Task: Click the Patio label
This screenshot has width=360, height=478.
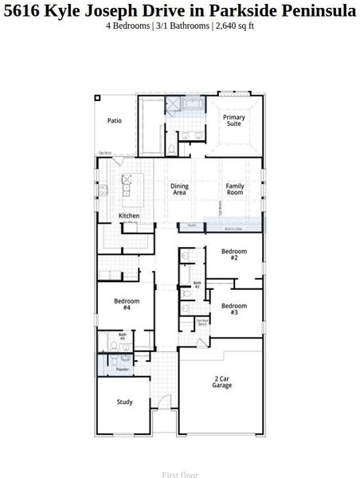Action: click(x=115, y=121)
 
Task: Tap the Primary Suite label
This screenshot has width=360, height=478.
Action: click(x=233, y=121)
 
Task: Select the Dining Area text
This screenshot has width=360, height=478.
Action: click(x=179, y=190)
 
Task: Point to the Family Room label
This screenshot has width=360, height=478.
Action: click(x=234, y=190)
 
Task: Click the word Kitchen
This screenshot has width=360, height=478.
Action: click(x=129, y=216)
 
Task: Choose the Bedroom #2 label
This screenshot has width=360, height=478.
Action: click(x=234, y=255)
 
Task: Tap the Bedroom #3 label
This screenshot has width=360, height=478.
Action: click(x=234, y=310)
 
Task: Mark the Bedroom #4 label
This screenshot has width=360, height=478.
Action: click(x=127, y=304)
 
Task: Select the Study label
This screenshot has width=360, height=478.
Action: click(x=124, y=402)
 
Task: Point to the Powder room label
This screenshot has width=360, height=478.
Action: click(x=122, y=369)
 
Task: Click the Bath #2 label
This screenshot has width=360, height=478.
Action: click(x=197, y=284)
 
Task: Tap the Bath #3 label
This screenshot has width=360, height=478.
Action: click(x=123, y=336)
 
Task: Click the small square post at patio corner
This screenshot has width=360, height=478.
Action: click(x=98, y=98)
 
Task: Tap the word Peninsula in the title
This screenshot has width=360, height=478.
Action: click(x=316, y=10)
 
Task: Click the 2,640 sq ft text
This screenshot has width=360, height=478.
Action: click(x=234, y=25)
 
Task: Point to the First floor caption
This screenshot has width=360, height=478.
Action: click(x=179, y=474)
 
